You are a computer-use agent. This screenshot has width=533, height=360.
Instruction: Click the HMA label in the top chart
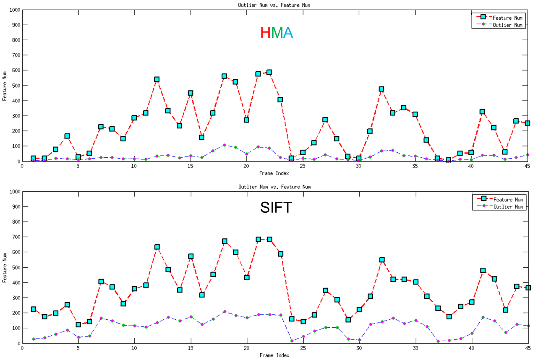pyautogui.click(x=276, y=33)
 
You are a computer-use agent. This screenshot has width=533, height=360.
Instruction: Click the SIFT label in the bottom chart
pyautogui.click(x=276, y=207)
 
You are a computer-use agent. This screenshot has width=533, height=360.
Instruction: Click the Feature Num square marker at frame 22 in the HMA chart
pyautogui.click(x=269, y=72)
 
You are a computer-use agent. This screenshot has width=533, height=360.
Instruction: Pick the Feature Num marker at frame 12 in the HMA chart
pyautogui.click(x=157, y=79)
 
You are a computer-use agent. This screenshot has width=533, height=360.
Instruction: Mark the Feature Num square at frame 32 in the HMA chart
pyautogui.click(x=381, y=89)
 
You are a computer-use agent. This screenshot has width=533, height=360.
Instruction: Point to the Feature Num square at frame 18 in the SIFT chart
pyautogui.click(x=225, y=241)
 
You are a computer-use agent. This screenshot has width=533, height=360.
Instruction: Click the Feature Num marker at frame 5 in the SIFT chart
pyautogui.click(x=78, y=324)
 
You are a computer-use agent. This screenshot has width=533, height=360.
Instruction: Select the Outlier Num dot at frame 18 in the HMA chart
pyautogui.click(x=225, y=145)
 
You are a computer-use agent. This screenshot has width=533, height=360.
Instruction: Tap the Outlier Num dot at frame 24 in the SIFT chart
pyautogui.click(x=292, y=341)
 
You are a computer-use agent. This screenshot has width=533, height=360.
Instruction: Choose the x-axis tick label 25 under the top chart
pyautogui.click(x=303, y=166)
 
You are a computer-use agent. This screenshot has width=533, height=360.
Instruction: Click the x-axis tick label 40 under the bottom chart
pyautogui.click(x=471, y=348)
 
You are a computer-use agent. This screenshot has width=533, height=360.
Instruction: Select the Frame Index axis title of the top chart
pyautogui.click(x=274, y=173)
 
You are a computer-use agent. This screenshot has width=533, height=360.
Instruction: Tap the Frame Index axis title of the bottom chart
pyautogui.click(x=274, y=355)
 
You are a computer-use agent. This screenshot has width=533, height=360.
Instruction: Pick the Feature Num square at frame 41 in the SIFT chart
pyautogui.click(x=483, y=271)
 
